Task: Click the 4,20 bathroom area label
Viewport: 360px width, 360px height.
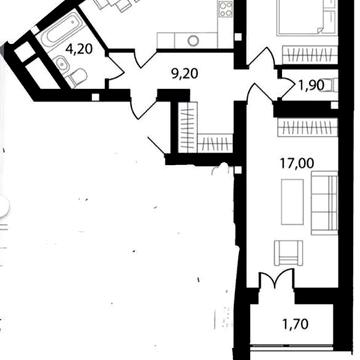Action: point(79,50)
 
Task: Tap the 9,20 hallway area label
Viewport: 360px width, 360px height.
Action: point(185,74)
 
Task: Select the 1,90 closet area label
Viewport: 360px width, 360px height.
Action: point(311,85)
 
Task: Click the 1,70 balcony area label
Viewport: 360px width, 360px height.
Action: point(296,324)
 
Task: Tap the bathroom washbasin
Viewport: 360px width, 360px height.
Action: point(61,62)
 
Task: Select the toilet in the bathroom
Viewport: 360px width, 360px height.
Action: point(76,77)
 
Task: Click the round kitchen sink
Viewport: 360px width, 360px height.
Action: point(193,41)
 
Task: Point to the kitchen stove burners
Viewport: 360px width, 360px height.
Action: point(226,8)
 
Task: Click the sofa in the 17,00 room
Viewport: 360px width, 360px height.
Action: point(324,203)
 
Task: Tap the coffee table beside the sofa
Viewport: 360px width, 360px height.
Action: point(292,202)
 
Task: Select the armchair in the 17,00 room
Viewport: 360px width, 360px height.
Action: point(288,253)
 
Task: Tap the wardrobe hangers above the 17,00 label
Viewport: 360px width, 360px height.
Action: point(308,129)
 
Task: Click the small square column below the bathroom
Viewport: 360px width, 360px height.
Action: point(95,97)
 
